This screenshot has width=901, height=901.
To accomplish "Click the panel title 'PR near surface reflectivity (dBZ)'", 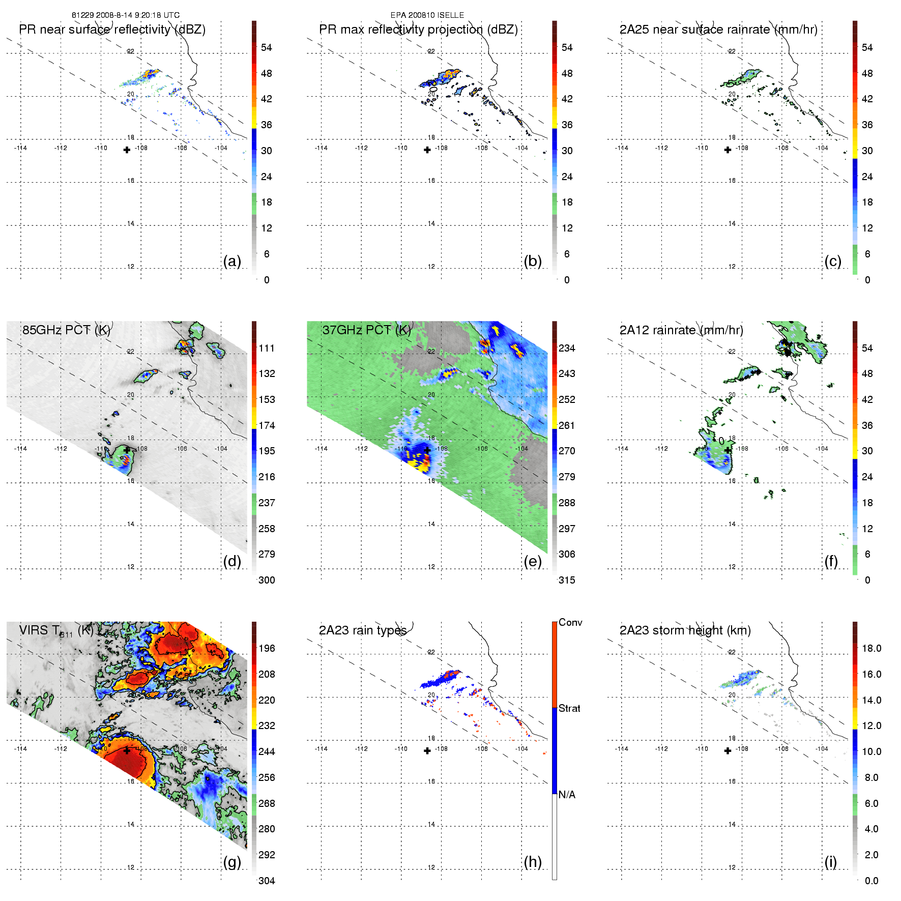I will (112, 30).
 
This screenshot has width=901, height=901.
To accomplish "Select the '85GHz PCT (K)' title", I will (66, 330).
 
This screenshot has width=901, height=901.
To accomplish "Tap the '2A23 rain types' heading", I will (362, 630).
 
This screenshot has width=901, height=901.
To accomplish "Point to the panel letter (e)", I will (532, 561).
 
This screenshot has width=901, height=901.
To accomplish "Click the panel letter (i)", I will (830, 862).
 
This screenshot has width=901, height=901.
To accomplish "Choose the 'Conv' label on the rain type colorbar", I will (570, 622).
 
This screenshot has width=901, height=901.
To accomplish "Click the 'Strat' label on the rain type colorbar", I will (569, 708).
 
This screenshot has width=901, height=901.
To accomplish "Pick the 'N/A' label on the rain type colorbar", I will (567, 795).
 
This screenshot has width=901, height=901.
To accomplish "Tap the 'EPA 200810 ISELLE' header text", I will (427, 15).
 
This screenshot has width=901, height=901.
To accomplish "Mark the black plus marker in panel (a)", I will (127, 150).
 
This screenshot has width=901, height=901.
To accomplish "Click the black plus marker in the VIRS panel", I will (127, 750).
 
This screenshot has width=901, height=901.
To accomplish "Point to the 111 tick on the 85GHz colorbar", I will (267, 348).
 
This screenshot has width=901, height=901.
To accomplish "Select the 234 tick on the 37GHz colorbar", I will (567, 348).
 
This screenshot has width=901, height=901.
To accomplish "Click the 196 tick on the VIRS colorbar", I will (267, 648).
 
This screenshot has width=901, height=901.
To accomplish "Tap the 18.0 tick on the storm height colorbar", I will (871, 648).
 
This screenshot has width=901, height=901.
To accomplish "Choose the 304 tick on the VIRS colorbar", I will (267, 881).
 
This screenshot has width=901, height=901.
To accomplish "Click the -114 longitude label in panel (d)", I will (21, 449).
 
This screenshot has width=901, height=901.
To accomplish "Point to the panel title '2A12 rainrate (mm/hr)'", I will (681, 330).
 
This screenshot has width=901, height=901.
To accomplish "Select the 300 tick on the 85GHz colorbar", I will (267, 580).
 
